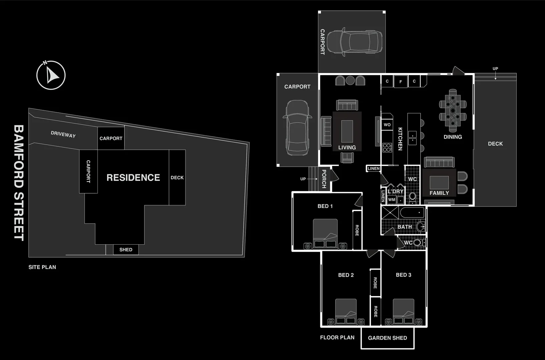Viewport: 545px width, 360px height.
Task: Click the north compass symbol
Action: click(x=51, y=75)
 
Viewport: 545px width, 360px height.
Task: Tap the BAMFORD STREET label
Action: click(x=19, y=183)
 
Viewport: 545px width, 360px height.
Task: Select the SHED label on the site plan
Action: click(x=126, y=250)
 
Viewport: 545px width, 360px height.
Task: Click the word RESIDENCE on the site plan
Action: click(x=133, y=178)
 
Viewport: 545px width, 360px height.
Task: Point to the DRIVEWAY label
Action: click(x=63, y=134)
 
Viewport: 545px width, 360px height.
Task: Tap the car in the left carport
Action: click(x=297, y=128)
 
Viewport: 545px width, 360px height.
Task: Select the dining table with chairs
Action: click(x=453, y=110)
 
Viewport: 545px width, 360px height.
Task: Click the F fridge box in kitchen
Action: click(x=401, y=82)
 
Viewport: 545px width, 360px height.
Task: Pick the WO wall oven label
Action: click(x=387, y=125)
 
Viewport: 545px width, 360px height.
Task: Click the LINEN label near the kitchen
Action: click(x=374, y=169)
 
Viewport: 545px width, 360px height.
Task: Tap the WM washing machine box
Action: click(x=392, y=200)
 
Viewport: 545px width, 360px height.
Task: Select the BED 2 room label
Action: click(x=346, y=275)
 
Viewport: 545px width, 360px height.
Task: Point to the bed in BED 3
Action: click(x=404, y=312)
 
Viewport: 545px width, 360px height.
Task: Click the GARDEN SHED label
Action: click(x=387, y=338)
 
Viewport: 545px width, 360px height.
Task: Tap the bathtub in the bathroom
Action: click(x=412, y=212)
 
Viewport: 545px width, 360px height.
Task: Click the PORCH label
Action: click(x=324, y=179)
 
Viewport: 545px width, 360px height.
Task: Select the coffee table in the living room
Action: click(x=347, y=131)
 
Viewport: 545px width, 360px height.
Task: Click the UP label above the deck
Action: click(x=495, y=69)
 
